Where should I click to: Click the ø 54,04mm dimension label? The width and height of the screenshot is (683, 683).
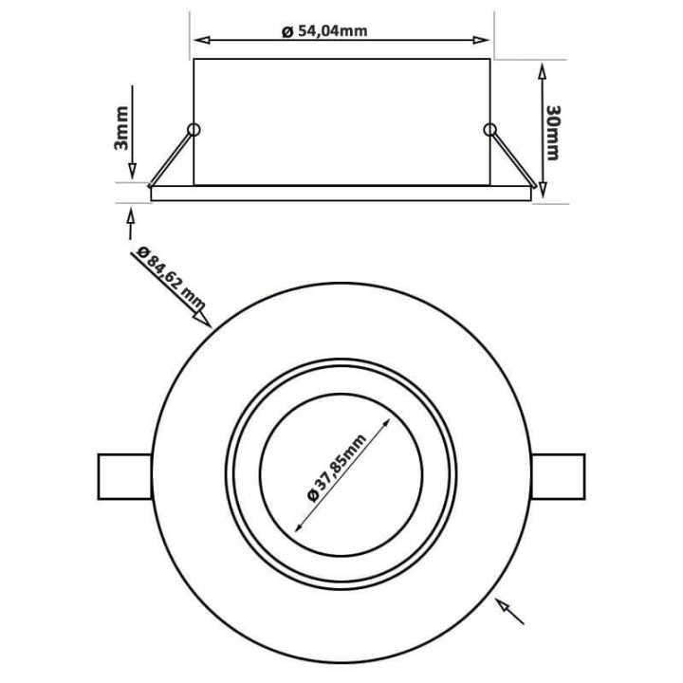click(x=324, y=30)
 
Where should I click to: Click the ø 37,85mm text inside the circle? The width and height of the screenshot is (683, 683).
click(x=336, y=477)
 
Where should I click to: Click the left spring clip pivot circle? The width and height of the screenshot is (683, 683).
click(x=194, y=129)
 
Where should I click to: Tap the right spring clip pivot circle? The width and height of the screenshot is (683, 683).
click(x=489, y=129)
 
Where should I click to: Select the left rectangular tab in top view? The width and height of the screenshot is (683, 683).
click(x=123, y=477)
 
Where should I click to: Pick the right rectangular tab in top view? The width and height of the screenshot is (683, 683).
click(x=560, y=477)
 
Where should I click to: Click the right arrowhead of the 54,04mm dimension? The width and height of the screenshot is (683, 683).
click(x=485, y=41)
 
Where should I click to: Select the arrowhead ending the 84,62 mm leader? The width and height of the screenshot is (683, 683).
click(x=203, y=320)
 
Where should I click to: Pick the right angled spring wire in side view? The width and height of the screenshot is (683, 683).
click(x=510, y=157)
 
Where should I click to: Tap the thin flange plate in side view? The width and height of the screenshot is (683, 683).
click(x=340, y=193)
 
